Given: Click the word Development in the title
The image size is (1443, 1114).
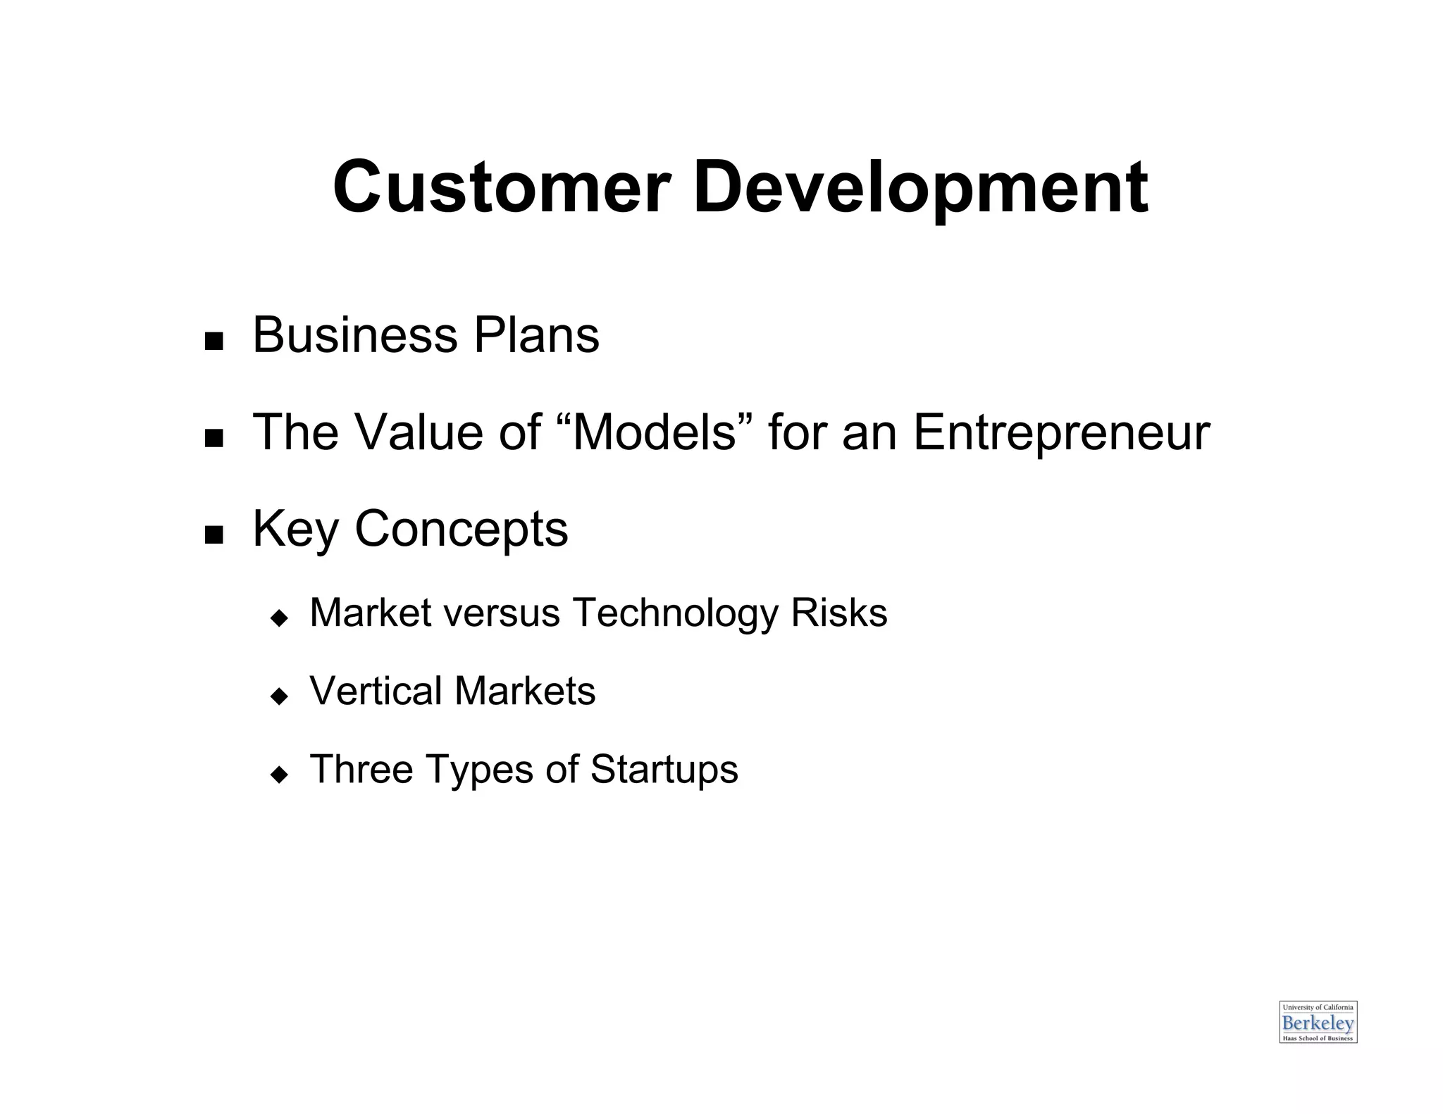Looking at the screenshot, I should point(920,188).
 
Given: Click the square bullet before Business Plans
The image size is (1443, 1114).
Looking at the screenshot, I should point(213,342).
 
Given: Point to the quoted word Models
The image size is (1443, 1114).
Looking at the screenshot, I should point(655,432).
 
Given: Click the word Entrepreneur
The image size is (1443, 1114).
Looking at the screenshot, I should point(1061,433).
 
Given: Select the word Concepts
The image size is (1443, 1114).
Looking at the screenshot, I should point(461,530).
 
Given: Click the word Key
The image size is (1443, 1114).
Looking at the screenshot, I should point(296,530).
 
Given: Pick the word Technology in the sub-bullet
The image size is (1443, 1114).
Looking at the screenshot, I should point(675,613).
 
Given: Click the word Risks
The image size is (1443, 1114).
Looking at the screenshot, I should point(838,612).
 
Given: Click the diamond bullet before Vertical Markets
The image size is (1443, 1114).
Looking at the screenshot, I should point(280,696).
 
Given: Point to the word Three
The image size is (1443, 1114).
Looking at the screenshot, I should point(361,768).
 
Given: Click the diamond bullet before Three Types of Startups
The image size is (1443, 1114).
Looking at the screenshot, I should point(280,775).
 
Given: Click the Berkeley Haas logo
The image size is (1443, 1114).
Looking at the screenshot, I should point(1318,1022).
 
